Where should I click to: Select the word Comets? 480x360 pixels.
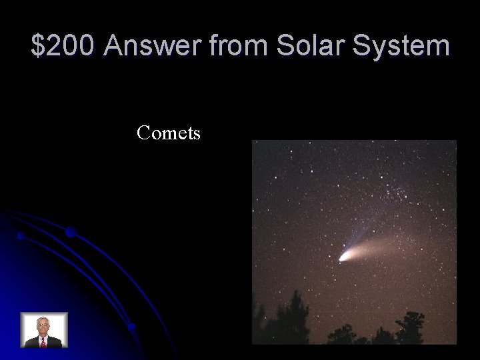(x=168, y=133)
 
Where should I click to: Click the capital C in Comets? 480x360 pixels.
(x=143, y=133)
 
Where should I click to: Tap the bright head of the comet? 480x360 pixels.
(x=344, y=256)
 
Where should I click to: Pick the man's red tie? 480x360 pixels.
(x=44, y=341)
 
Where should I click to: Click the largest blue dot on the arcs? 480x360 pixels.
(x=70, y=233)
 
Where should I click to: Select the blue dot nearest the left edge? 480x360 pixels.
(x=21, y=235)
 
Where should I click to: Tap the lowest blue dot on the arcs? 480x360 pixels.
(x=132, y=327)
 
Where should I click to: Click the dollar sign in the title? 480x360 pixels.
(x=37, y=46)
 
